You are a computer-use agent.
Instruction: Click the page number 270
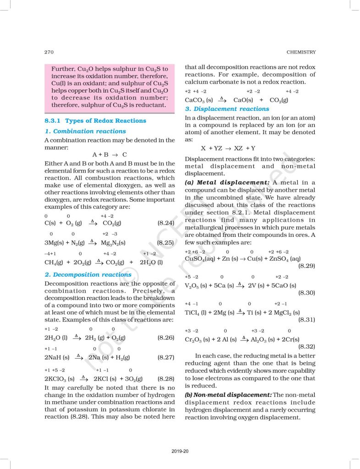click(x=49, y=52)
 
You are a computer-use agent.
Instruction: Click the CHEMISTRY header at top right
click(x=300, y=52)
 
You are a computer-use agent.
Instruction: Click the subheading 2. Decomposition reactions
click(x=88, y=275)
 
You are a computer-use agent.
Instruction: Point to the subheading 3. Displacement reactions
click(x=227, y=109)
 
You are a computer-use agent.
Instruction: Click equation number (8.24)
click(x=166, y=223)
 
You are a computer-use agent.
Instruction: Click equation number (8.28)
click(x=166, y=379)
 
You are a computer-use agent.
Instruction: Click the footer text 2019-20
click(x=180, y=451)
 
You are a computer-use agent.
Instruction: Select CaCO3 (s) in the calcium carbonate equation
click(x=199, y=100)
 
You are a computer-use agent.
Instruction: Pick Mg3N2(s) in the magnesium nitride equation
click(x=114, y=242)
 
